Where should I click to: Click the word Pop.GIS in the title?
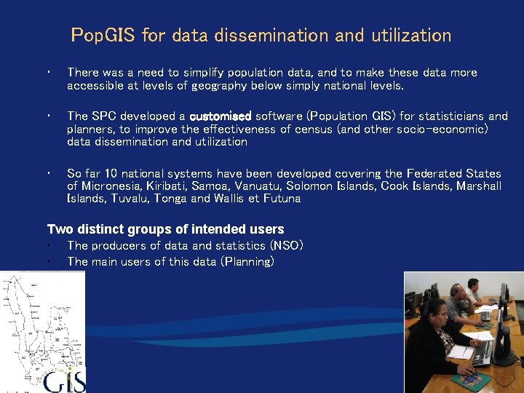pyautogui.click(x=103, y=35)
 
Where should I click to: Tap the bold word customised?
pyautogui.click(x=220, y=116)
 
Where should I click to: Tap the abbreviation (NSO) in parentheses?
pyautogui.click(x=286, y=245)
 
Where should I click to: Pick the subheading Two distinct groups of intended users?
pyautogui.click(x=165, y=230)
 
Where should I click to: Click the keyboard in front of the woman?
pyautogui.click(x=482, y=352)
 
